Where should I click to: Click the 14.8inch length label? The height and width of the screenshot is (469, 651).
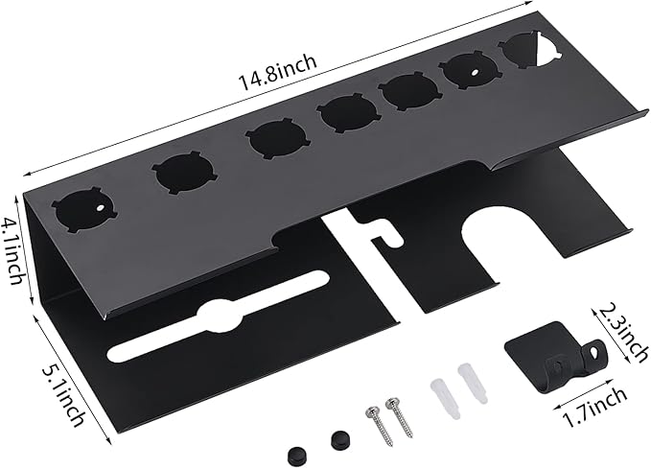[x=276, y=71]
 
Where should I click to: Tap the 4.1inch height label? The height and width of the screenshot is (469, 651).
[x=12, y=252]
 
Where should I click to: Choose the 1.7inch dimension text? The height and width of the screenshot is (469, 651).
[x=594, y=407]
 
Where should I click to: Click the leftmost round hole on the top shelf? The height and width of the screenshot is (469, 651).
[x=83, y=210]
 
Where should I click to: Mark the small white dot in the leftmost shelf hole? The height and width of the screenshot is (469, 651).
[x=101, y=207]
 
